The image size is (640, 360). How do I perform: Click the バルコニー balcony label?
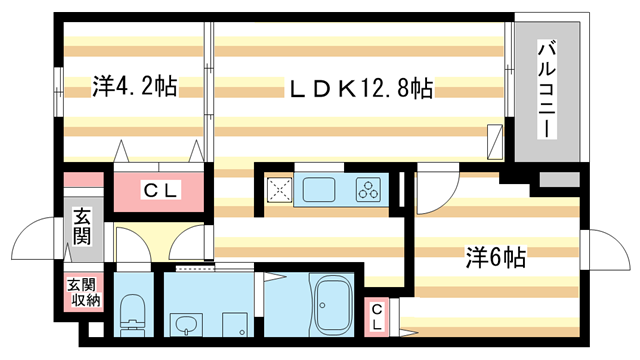(x=547, y=89)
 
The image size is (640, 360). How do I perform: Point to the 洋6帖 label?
(x=495, y=257)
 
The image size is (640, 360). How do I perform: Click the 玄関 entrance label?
(x=81, y=228)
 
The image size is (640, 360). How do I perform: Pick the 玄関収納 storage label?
(x=84, y=292)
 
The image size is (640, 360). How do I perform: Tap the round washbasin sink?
(x=184, y=325)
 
